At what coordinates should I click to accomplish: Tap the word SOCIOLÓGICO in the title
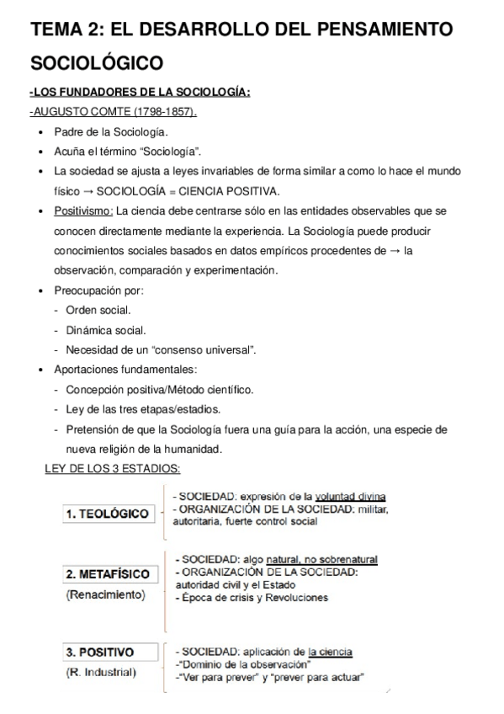point(97,62)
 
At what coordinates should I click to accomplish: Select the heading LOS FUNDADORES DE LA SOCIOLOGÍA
point(141,93)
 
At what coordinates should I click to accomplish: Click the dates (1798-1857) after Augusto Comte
point(163,111)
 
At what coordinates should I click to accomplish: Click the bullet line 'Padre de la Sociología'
point(111,131)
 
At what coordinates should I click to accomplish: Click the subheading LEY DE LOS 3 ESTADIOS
point(112,468)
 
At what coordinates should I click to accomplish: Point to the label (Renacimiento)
point(104,595)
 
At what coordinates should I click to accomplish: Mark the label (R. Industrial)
point(100,672)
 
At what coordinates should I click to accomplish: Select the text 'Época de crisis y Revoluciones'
point(252,598)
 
